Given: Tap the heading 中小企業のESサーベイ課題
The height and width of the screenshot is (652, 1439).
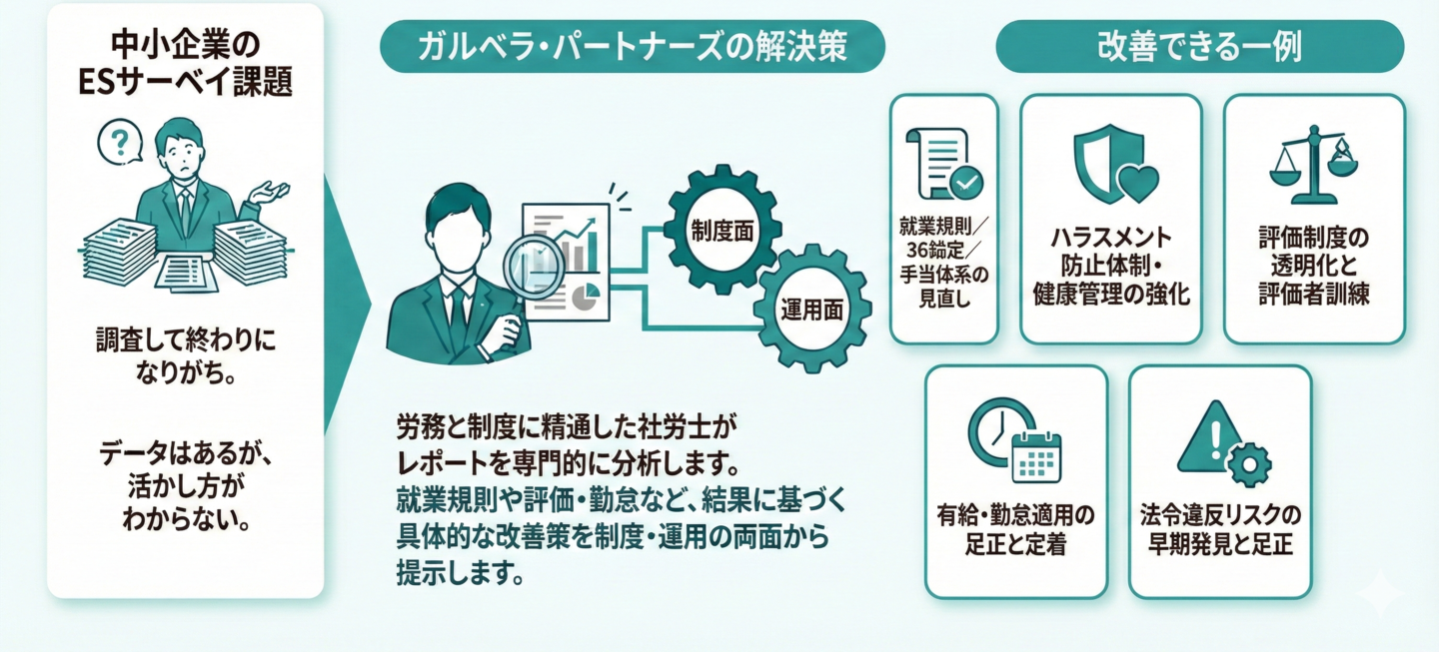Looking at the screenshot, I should pos(185,64).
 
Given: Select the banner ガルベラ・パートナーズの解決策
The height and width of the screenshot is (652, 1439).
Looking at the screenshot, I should pos(632,46).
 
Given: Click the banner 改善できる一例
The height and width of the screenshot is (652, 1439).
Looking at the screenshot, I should pos(1199,46).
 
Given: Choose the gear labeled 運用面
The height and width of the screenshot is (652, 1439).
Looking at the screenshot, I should pos(810,311).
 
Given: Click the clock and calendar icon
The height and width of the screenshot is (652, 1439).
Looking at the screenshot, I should pos(1014,439).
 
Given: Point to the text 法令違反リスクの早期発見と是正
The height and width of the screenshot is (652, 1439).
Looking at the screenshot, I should pos(1220,530).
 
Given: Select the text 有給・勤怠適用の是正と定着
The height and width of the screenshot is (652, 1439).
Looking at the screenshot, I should pos(1015,530).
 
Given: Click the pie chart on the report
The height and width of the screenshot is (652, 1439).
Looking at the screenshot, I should pos(588,296).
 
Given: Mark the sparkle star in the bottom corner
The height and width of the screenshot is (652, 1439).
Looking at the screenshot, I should pos(1386,595).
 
